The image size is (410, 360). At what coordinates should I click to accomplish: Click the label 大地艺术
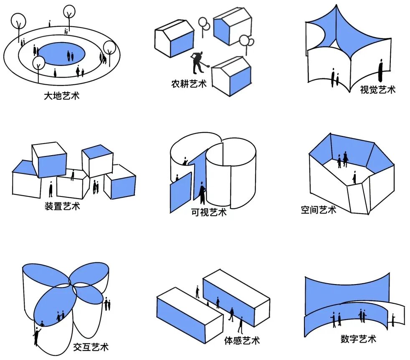pyautogui.click(x=61, y=96)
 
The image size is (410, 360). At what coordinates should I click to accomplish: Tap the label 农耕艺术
pyautogui.click(x=189, y=83)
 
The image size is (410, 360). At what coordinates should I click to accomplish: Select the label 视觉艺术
pyautogui.click(x=377, y=89)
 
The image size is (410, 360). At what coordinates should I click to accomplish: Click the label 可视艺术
pyautogui.click(x=208, y=212)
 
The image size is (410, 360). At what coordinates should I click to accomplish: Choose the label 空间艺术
pyautogui.click(x=318, y=209)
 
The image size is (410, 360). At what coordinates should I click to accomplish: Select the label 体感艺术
pyautogui.click(x=242, y=340)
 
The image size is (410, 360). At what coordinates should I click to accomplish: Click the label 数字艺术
pyautogui.click(x=358, y=338)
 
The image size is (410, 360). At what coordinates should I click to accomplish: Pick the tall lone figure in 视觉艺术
pyautogui.click(x=380, y=70)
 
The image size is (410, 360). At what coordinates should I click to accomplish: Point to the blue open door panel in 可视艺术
pyautogui.click(x=180, y=193)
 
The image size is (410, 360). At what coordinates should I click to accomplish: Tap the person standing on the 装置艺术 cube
pyautogui.click(x=73, y=175)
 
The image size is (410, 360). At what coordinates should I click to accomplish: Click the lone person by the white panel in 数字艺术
pyautogui.click(x=393, y=320)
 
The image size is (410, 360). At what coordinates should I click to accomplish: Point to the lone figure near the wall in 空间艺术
pyautogui.click(x=354, y=177)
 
